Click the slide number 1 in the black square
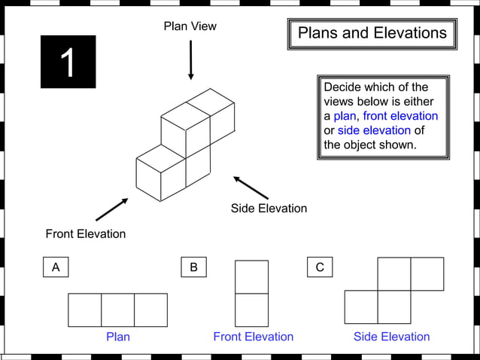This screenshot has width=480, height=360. pos(68,63)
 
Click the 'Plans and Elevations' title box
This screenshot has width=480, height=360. pos(372,33)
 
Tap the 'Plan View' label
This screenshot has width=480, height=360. pos(190,26)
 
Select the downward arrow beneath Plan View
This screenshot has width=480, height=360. pos(190,60)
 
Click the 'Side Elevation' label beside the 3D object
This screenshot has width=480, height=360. pos(269,208)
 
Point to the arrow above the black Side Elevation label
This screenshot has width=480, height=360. pos(251,188)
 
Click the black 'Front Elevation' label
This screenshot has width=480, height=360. pos(85,233)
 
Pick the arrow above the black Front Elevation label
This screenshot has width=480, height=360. pos(111,209)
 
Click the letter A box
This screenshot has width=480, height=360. pos(55,267)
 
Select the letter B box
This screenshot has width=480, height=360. pos(193,267)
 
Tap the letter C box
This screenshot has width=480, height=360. pos(320,267)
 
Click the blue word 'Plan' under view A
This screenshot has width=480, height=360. pos(117,337)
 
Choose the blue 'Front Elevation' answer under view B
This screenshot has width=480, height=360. pos(253,337)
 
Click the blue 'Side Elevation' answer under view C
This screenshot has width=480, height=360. pos(391,337)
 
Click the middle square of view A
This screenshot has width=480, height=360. pos(117,310)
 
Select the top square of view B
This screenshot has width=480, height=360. pos(251,276)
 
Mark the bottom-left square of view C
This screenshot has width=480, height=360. pos(361,307)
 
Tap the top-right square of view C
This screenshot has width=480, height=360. pos(427,274)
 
